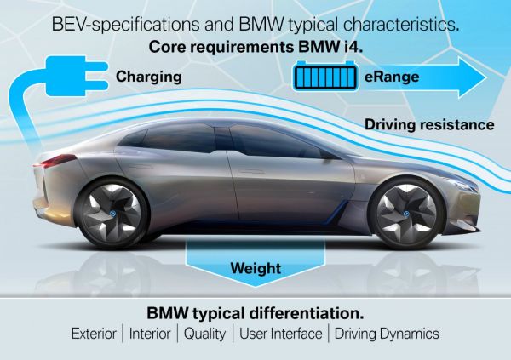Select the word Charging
click(149, 77)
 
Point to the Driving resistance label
click(429, 124)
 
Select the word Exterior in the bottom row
click(97, 334)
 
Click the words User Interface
click(281, 334)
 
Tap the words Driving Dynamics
click(388, 334)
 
